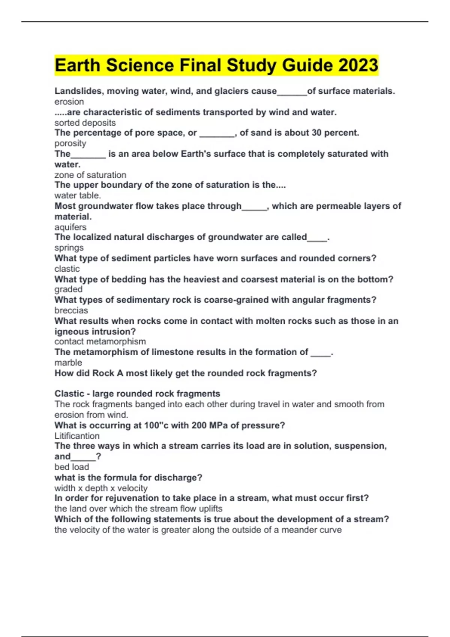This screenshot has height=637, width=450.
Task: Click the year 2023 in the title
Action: pyautogui.click(x=358, y=65)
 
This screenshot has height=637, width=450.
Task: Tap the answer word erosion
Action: pyautogui.click(x=69, y=102)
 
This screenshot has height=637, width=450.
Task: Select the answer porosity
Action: pyautogui.click(x=70, y=143)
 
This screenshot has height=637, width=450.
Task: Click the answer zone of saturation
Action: pyautogui.click(x=90, y=175)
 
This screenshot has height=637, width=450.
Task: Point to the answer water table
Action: pyautogui.click(x=77, y=195)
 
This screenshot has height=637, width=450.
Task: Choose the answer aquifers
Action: pyautogui.click(x=70, y=227)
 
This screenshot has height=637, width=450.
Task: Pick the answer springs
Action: pyautogui.click(x=69, y=248)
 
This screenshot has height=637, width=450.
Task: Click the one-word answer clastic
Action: pyautogui.click(x=67, y=269)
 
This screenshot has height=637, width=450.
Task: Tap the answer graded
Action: pyautogui.click(x=68, y=289)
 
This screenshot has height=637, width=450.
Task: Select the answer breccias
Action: pyautogui.click(x=71, y=310)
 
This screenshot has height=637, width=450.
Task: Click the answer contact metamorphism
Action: pyautogui.click(x=100, y=341)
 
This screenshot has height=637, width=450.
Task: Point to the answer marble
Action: pyautogui.click(x=68, y=362)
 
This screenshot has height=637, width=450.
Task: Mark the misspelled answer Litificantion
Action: pyautogui.click(x=77, y=436)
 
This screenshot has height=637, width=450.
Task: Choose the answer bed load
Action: pyautogui.click(x=72, y=467)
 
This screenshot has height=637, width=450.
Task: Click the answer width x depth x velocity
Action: pyautogui.click(x=100, y=488)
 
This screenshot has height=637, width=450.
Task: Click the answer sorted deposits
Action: pyautogui.click(x=85, y=123)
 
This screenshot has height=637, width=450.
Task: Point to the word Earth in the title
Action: pyautogui.click(x=77, y=65)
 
